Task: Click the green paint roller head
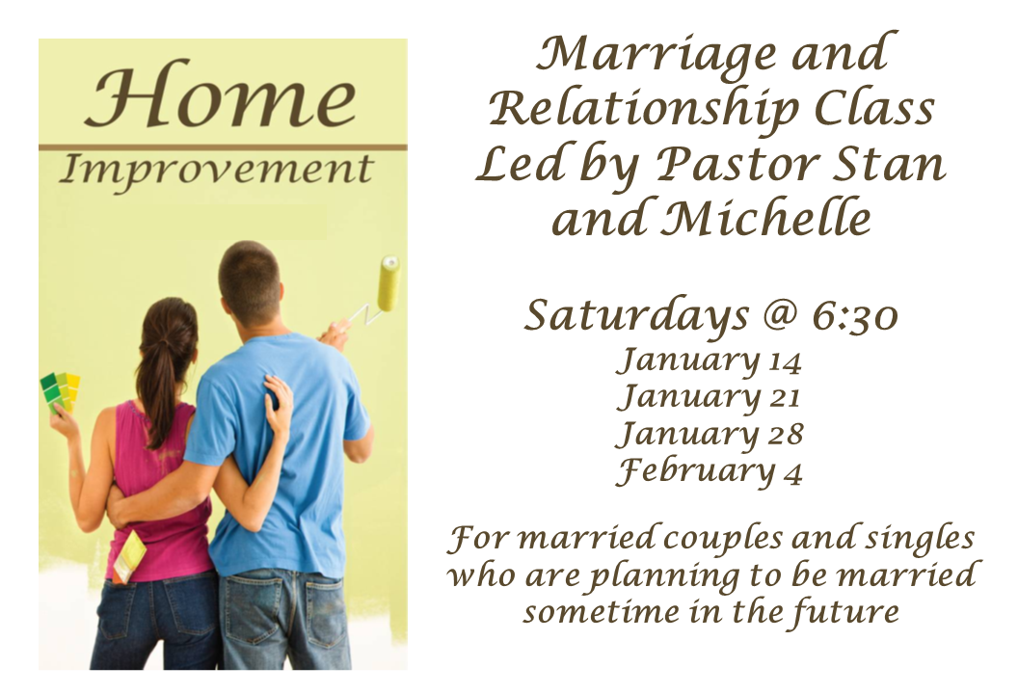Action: (388, 283)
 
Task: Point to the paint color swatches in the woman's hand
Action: (61, 391)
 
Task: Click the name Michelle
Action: (766, 217)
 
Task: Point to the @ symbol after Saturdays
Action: (778, 315)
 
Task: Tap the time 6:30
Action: (855, 316)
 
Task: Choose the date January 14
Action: (709, 360)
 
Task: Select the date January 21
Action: (709, 397)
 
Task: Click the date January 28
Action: (710, 434)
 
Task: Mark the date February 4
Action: (710, 470)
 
